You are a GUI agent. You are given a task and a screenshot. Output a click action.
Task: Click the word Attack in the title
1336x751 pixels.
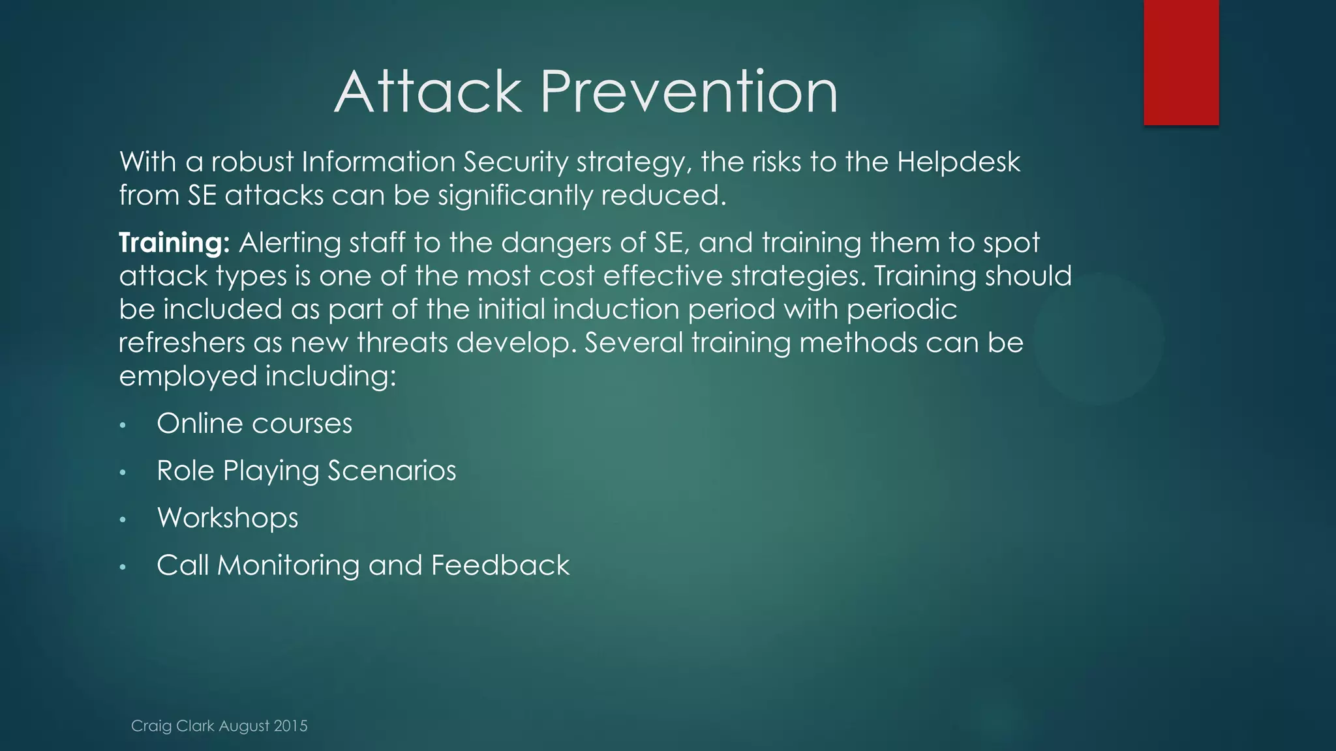(428, 93)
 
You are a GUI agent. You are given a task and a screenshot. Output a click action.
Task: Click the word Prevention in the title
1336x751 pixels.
(689, 93)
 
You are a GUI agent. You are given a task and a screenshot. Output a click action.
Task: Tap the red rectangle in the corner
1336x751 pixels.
(1181, 62)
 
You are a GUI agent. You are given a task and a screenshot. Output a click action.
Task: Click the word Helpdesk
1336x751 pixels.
(958, 162)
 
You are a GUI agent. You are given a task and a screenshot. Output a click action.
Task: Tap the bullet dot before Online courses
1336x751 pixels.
(123, 426)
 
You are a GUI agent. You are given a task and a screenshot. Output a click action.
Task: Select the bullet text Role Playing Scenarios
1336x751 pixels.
(306, 471)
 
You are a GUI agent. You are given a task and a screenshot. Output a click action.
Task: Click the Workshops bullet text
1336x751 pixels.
(228, 518)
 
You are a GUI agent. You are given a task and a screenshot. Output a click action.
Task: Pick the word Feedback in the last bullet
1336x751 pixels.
(500, 565)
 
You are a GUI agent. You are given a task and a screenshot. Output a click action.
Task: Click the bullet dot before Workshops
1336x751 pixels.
(123, 520)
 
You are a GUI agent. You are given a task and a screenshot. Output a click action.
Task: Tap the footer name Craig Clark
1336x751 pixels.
(173, 726)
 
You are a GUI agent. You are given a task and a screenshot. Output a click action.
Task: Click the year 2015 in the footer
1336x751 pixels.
(291, 726)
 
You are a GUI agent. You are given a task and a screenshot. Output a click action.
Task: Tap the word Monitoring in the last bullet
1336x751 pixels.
(288, 565)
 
